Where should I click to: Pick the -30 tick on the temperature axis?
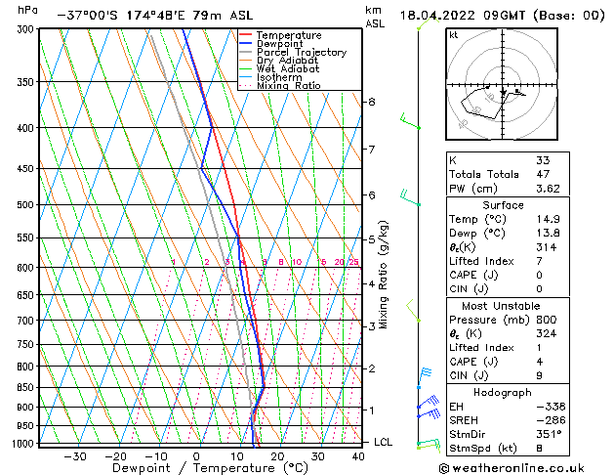[75, 455]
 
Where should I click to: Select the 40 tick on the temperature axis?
[359, 455]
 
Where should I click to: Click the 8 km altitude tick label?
[371, 102]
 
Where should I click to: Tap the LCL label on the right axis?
[384, 442]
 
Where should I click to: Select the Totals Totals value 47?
[543, 174]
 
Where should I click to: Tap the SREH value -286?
[550, 419]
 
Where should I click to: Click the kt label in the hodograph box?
[454, 35]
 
